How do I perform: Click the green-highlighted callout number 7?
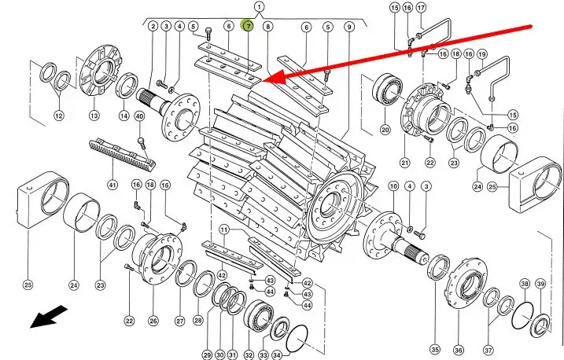tap(248, 26)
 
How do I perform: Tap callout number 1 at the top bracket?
tap(260, 7)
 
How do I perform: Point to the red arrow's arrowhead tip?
tap(264, 81)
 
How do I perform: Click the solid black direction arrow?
tap(48, 317)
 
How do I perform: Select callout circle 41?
tap(112, 185)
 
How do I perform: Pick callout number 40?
tap(139, 116)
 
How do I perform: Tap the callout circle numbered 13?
tap(94, 116)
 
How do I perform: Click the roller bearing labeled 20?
tap(387, 90)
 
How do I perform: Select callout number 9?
tap(349, 26)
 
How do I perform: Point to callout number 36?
tap(459, 350)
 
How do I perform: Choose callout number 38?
tap(525, 284)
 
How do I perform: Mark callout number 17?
tap(421, 7)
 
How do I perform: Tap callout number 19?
tap(482, 54)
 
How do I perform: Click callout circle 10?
tap(393, 186)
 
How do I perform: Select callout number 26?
tap(153, 321)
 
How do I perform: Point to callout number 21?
tap(405, 163)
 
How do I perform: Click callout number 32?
tap(249, 355)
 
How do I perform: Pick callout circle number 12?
tap(59, 116)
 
